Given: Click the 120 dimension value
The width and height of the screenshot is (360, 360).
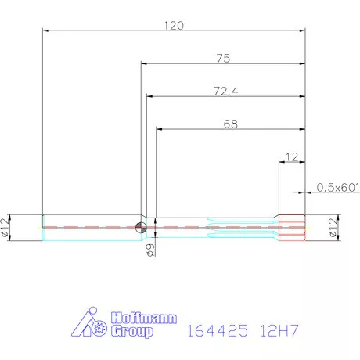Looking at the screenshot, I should [174, 25].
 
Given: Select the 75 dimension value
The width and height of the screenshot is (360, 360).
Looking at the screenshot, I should [222, 57].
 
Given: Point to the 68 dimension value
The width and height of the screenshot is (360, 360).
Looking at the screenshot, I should [230, 124].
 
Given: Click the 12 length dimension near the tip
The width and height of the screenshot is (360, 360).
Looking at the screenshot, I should [292, 157].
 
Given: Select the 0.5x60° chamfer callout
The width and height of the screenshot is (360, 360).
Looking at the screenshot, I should [337, 187].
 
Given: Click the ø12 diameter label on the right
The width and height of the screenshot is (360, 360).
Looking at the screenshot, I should [335, 229].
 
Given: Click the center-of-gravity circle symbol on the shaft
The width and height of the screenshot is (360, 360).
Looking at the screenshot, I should [140, 228].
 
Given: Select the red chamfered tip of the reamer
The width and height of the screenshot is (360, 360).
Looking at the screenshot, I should [293, 226].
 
